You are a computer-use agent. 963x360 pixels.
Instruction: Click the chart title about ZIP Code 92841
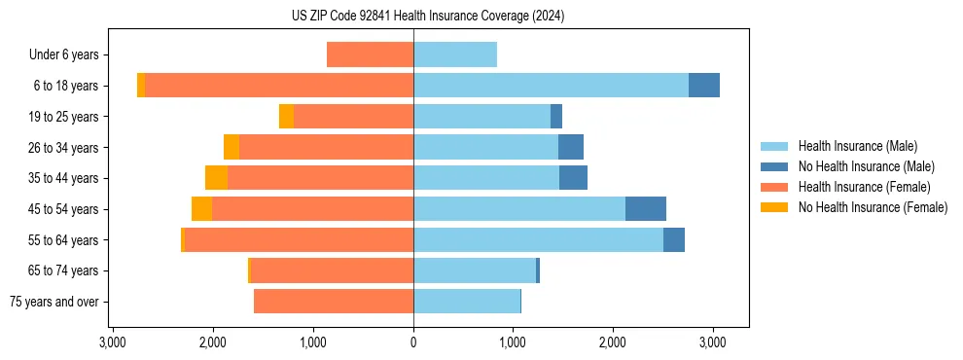pyautogui.click(x=427, y=17)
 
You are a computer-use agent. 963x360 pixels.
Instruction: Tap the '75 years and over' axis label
pyautogui.click(x=53, y=302)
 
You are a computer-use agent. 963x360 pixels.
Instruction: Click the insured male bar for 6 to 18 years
pyautogui.click(x=551, y=85)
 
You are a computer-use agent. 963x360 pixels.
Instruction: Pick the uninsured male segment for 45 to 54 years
pyautogui.click(x=646, y=208)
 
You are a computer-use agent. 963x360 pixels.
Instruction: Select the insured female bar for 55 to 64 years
pyautogui.click(x=299, y=239)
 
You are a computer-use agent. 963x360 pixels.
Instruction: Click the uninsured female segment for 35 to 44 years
pyautogui.click(x=216, y=177)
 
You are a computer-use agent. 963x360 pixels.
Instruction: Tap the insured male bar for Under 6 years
pyautogui.click(x=455, y=54)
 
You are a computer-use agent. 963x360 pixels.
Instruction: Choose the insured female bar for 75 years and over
pyautogui.click(x=334, y=302)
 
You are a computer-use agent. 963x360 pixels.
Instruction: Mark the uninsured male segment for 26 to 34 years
pyautogui.click(x=571, y=147)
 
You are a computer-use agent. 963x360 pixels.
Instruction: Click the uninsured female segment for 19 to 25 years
pyautogui.click(x=286, y=116)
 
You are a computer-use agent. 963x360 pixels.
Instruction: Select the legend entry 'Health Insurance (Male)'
pyautogui.click(x=857, y=146)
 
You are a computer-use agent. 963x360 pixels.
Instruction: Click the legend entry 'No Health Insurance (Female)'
pyautogui.click(x=873, y=207)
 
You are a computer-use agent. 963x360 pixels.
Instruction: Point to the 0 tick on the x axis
pyautogui.click(x=413, y=342)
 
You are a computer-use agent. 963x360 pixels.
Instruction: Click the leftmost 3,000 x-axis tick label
pyautogui.click(x=113, y=342)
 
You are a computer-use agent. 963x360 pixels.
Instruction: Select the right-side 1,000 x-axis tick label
pyautogui.click(x=513, y=342)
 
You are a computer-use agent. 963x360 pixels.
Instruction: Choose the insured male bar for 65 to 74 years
pyautogui.click(x=475, y=270)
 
